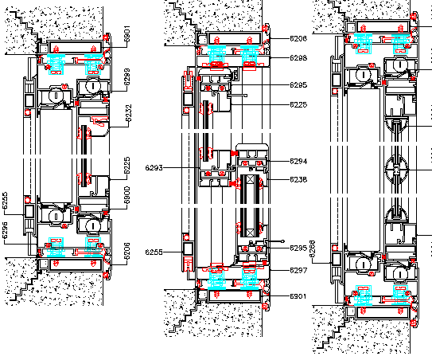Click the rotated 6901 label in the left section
tap(126, 36)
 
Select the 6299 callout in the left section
tap(126, 77)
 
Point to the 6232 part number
tap(126, 116)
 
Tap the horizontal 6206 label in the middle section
tap(298, 38)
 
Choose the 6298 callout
tap(298, 58)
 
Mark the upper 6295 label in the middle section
tap(298, 84)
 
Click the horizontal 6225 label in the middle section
tap(298, 104)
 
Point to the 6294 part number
tap(298, 162)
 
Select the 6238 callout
tap(298, 179)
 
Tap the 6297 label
tap(298, 270)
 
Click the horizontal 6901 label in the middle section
tap(298, 296)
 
